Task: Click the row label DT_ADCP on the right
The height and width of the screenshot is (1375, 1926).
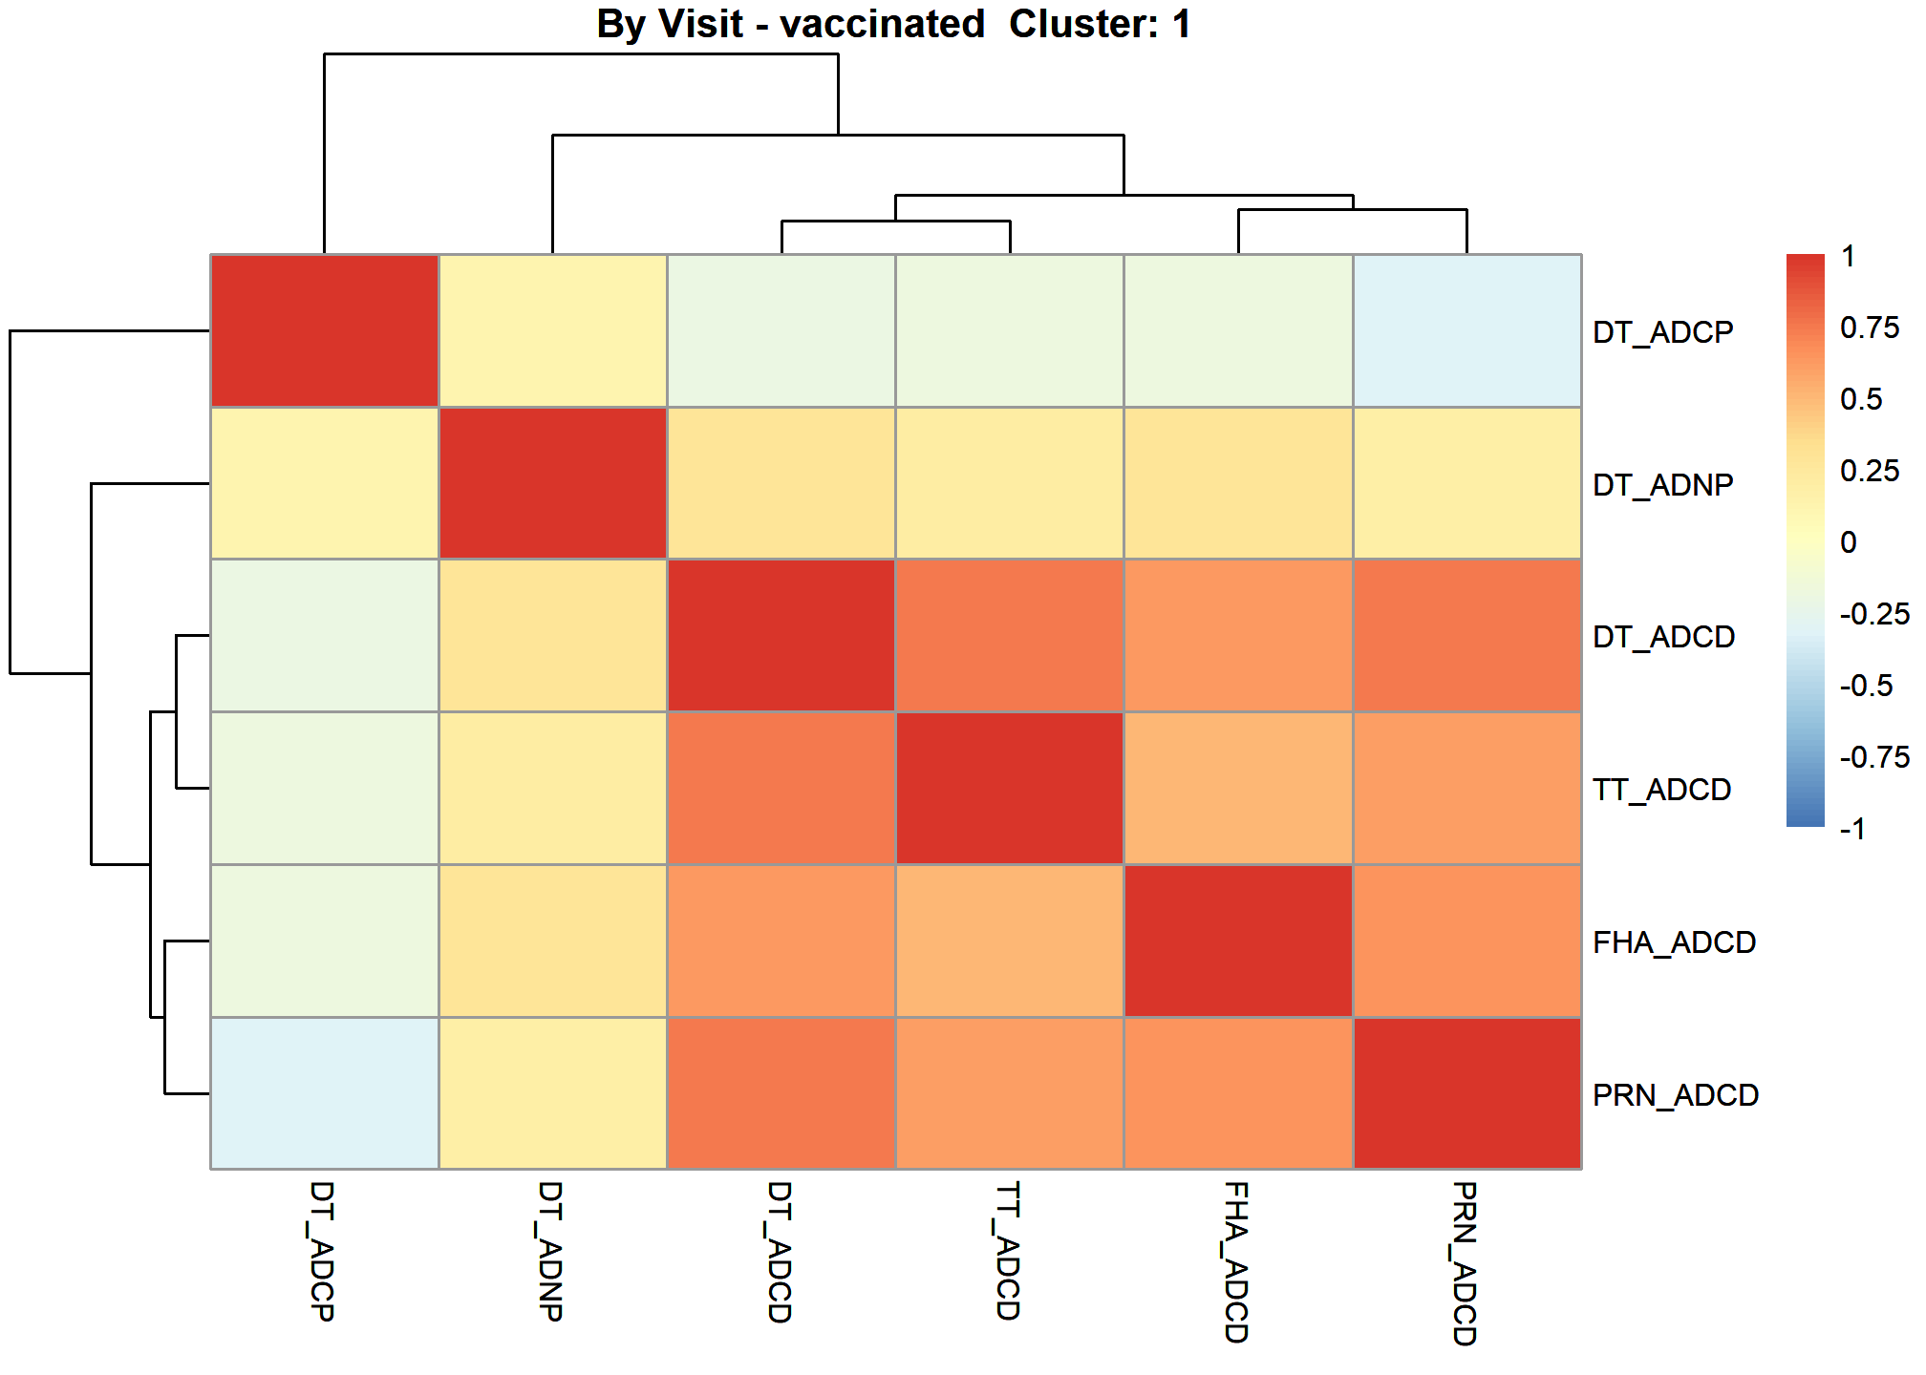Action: [1662, 332]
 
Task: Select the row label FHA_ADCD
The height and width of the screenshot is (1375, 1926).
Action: [1674, 942]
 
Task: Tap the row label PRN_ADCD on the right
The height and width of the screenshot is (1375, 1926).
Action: [1676, 1095]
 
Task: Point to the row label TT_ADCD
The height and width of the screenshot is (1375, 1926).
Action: [1661, 790]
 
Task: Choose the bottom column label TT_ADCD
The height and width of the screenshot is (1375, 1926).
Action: [1008, 1251]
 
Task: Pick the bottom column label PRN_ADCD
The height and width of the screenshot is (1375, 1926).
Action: [1465, 1263]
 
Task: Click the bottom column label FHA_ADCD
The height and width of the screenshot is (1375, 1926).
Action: [1236, 1262]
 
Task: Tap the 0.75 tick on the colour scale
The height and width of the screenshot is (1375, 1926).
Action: [1870, 328]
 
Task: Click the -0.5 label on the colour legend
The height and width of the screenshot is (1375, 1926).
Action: [1866, 686]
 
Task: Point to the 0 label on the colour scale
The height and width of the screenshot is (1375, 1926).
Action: [1849, 542]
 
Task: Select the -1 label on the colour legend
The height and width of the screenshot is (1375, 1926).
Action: [1853, 828]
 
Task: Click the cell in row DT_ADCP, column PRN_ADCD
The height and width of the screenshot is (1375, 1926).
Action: [1467, 330]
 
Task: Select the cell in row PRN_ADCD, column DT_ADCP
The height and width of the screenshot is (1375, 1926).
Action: [325, 1093]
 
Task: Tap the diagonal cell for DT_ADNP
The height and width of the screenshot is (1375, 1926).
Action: [553, 483]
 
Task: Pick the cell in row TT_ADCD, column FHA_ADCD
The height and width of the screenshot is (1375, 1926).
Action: [1239, 788]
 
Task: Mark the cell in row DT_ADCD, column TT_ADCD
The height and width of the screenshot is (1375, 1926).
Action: [1010, 636]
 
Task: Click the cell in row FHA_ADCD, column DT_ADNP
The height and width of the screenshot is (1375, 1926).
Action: [553, 941]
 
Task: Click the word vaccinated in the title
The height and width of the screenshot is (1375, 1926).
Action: [882, 24]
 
